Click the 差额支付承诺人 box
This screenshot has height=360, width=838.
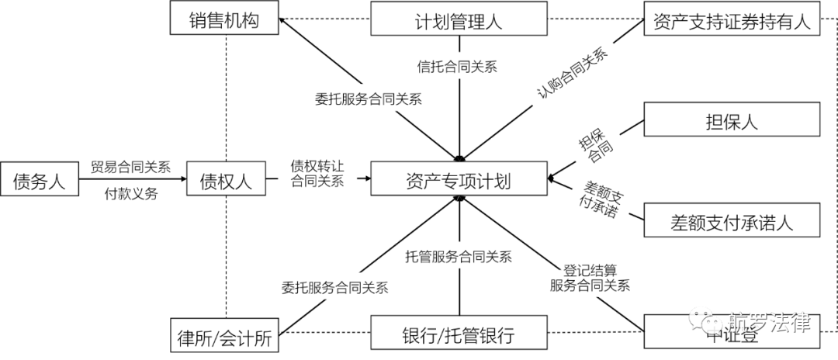click(x=731, y=221)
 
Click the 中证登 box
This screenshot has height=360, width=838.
click(x=731, y=335)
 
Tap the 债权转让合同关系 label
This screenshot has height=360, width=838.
click(x=317, y=173)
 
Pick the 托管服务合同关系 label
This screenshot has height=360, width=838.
click(x=459, y=256)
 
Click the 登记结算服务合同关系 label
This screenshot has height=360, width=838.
click(x=590, y=279)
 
